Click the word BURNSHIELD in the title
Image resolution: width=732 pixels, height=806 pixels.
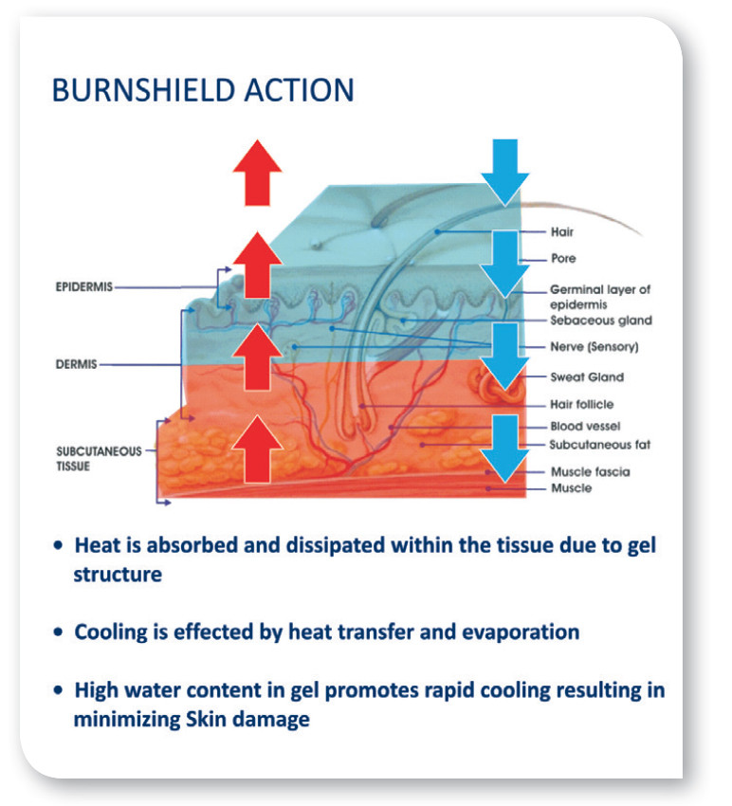point(144,90)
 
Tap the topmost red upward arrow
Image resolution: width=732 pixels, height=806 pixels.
point(257,173)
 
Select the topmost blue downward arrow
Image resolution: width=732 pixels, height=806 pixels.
point(504,173)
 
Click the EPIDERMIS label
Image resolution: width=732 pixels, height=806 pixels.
point(83,286)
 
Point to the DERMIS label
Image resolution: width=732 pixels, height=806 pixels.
point(76,364)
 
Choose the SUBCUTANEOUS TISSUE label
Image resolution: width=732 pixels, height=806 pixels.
point(99,459)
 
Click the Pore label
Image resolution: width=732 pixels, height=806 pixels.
point(563,258)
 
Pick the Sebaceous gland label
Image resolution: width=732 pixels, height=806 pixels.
point(601,321)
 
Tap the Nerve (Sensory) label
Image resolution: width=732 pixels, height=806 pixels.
point(595,347)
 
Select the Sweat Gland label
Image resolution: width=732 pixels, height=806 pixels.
point(587,376)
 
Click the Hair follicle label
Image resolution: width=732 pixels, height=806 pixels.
point(582,405)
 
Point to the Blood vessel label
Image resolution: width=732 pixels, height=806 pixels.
point(585,426)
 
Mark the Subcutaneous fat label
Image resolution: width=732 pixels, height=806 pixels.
point(600,445)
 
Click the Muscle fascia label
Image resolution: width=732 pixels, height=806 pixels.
point(590,472)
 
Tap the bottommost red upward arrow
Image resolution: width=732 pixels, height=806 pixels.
point(257,449)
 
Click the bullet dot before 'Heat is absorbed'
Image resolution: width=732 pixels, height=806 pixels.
point(59,545)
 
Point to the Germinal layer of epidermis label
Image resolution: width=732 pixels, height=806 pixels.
point(600,297)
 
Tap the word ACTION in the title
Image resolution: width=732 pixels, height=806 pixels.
point(299,90)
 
